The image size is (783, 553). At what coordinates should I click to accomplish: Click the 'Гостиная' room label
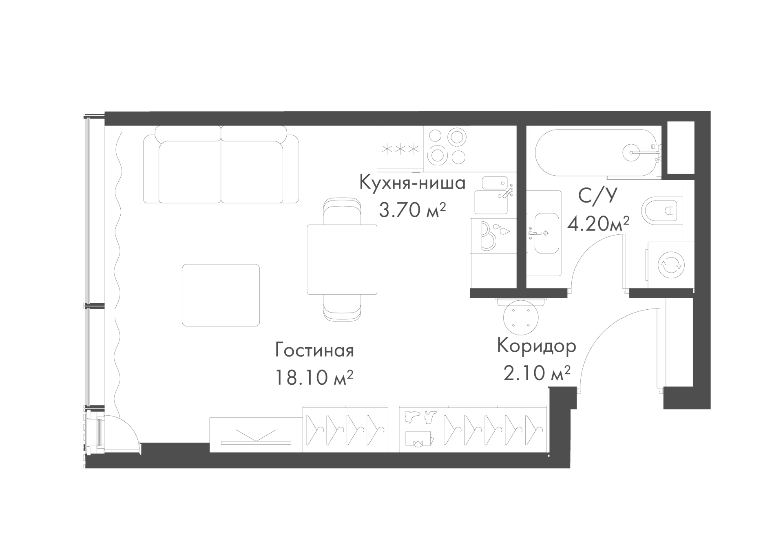(x=314, y=350)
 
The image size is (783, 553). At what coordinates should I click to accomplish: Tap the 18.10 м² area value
(x=314, y=378)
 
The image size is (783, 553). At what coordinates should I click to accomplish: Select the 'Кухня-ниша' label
(x=412, y=183)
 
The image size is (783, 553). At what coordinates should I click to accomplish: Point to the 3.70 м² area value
(x=412, y=210)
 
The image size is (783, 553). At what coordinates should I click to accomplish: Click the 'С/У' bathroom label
(x=598, y=196)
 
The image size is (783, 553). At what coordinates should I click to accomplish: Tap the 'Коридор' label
(x=537, y=346)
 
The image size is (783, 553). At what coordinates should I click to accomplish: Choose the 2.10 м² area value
(x=537, y=373)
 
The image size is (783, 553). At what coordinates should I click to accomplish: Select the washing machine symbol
(x=670, y=265)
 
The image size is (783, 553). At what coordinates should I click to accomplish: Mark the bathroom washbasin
(x=545, y=233)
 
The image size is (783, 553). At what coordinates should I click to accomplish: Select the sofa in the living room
(x=221, y=165)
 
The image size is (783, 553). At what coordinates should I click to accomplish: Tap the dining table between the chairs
(x=342, y=259)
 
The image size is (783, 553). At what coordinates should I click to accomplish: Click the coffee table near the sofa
(x=221, y=295)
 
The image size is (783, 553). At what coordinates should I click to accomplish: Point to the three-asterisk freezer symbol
(x=400, y=149)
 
